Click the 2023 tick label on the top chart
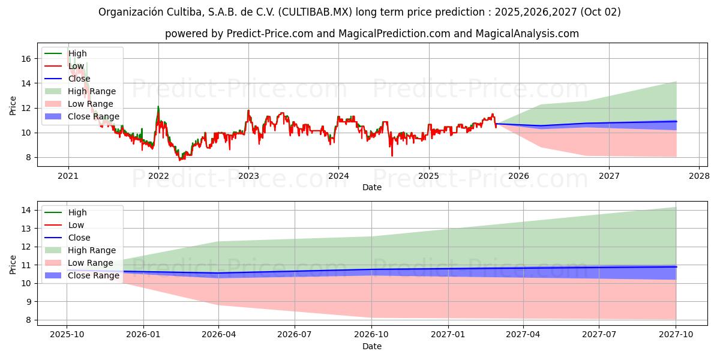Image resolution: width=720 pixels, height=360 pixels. (248, 176)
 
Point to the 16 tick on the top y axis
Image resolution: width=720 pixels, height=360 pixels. (26, 59)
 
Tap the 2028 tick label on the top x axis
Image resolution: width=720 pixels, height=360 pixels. (699, 176)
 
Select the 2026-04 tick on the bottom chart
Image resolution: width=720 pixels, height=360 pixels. (218, 335)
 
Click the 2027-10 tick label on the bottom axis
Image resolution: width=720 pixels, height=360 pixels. (676, 335)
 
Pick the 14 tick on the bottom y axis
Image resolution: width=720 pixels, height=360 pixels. (26, 210)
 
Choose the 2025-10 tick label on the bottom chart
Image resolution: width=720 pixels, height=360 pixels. (67, 335)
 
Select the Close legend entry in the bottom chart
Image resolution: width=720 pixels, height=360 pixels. (79, 238)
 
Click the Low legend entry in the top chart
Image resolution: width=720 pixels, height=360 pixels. (76, 66)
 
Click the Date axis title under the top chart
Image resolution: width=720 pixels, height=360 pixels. (371, 187)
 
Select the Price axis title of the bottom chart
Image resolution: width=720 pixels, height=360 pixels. (13, 265)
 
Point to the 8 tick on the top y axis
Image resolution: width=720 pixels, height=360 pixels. (26, 157)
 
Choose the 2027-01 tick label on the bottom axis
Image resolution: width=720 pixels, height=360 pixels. (447, 335)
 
